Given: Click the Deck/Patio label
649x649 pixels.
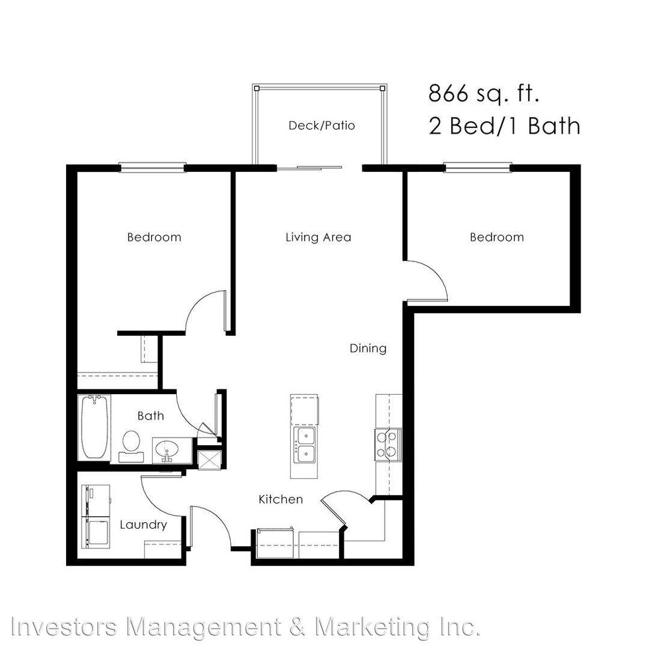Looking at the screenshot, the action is click(321, 126).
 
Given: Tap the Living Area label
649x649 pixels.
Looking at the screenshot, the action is click(318, 237).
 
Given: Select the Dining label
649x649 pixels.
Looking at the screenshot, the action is click(368, 349).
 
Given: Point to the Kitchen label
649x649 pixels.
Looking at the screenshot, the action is click(281, 499).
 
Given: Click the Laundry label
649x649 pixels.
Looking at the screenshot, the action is click(143, 525).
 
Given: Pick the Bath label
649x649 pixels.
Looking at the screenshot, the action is click(151, 416).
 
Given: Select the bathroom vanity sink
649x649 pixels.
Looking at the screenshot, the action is click(167, 450).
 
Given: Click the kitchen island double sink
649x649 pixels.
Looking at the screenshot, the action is click(304, 445).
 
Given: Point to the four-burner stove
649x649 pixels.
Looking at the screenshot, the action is click(388, 445).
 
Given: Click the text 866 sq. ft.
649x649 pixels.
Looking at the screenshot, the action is click(483, 94).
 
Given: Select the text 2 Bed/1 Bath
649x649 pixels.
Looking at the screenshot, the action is click(504, 126).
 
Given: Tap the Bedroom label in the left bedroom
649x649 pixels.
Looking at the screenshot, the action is click(154, 237).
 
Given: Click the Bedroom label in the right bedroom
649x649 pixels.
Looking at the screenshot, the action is click(497, 237).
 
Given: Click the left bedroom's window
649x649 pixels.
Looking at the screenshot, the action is click(152, 168).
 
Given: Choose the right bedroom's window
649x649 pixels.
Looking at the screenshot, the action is click(478, 168).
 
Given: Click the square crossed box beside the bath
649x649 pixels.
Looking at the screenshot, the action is click(210, 459).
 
